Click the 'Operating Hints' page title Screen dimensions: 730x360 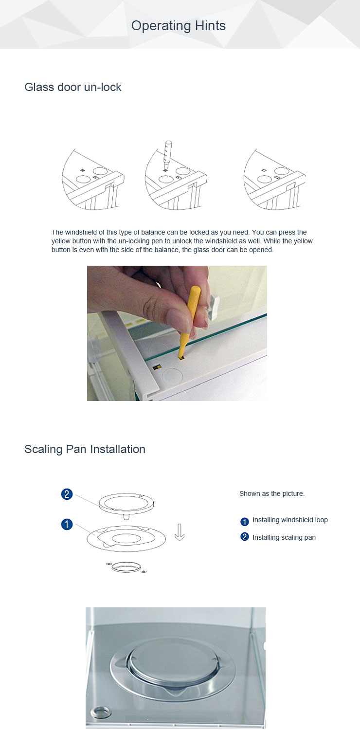coord(179,26)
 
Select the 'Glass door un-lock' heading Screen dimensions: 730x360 coord(73,87)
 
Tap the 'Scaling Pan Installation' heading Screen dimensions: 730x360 coord(85,449)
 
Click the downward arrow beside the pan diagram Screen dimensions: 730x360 coord(180,532)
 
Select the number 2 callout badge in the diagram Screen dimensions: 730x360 coord(67,494)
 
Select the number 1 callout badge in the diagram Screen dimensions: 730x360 coord(67,525)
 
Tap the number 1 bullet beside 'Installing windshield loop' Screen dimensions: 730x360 coord(245,521)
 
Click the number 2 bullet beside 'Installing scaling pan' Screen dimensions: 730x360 coord(245,537)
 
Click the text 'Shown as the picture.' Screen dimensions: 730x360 coord(271,493)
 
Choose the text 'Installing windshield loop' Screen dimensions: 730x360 coord(290,520)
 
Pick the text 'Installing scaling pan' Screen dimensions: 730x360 coord(284,537)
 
